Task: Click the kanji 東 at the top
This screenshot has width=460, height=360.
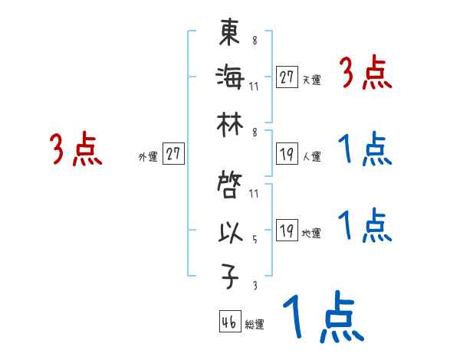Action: (230, 34)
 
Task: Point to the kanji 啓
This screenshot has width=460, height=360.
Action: (230, 185)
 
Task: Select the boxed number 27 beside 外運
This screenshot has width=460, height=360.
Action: (173, 154)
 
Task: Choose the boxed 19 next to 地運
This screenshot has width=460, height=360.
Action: (287, 231)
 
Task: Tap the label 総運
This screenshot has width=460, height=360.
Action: (255, 325)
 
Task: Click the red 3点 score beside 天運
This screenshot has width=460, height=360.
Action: (365, 74)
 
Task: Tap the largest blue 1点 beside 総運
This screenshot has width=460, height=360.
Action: (323, 319)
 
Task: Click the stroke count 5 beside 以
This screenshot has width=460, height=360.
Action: (254, 238)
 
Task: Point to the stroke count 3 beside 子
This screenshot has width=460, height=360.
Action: (254, 284)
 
